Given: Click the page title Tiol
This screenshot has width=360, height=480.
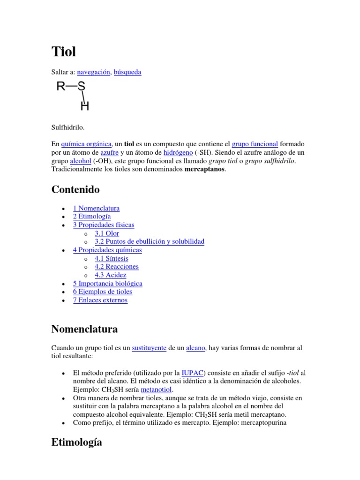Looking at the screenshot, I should tap(63, 52).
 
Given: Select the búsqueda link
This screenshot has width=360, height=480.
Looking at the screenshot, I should tap(127, 72).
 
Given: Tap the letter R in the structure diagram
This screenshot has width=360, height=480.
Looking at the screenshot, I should tap(61, 86).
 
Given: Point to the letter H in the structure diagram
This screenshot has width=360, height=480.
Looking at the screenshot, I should tap(85, 106).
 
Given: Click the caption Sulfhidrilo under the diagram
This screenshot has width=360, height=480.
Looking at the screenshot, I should tap(68, 127).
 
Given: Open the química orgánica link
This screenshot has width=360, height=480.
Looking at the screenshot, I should tap(86, 144).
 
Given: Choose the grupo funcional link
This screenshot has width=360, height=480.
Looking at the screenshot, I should tap(255, 144).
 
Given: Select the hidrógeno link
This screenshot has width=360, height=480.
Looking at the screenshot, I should tap(178, 152).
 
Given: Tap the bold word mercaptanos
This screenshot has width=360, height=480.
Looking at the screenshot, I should tap(205, 169).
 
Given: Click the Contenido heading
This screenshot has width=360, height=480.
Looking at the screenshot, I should tap(75, 190).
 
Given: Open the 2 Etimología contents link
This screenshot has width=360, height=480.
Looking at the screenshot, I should tap(92, 217).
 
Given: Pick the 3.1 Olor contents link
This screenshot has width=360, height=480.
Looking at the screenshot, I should tap(107, 233).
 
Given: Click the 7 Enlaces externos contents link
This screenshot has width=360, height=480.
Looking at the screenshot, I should tap(100, 300).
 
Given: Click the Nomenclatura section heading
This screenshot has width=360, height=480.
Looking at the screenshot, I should tap(84, 330).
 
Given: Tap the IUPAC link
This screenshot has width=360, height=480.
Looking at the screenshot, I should tap(192, 373).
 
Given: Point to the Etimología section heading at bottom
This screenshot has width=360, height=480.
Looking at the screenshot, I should tap(77, 442).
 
